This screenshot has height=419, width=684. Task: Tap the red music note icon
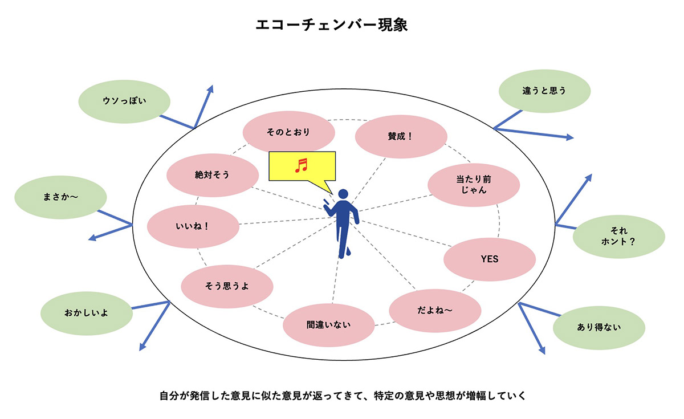point(301,165)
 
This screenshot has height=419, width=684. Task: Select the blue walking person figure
point(342,222)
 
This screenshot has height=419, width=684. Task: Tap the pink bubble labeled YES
point(489,259)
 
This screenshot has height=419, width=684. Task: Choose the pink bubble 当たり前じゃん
point(474,185)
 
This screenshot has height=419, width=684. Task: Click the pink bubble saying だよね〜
point(435,311)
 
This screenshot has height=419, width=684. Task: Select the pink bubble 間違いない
point(329,326)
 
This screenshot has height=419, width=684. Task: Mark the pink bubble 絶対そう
point(212,176)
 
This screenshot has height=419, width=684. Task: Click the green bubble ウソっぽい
point(124,101)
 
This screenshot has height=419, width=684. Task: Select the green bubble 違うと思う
point(544,90)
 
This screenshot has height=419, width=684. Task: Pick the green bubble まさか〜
point(60,197)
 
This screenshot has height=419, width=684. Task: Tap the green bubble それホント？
point(618,236)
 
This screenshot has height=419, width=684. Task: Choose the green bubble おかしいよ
point(86,313)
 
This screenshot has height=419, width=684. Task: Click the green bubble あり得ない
point(598,327)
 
